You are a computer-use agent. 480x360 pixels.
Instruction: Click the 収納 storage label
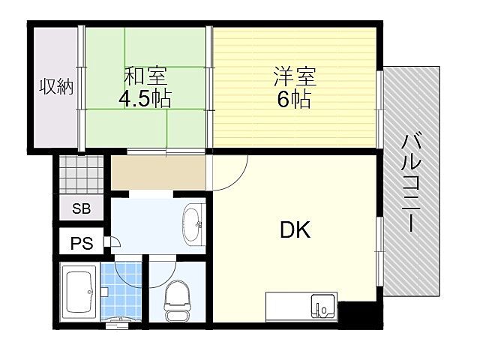56,87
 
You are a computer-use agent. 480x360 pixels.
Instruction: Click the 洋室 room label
295,76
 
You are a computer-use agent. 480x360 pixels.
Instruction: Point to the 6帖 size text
295,98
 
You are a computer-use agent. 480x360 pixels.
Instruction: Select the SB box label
81,209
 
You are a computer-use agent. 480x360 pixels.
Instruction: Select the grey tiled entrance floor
80,175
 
